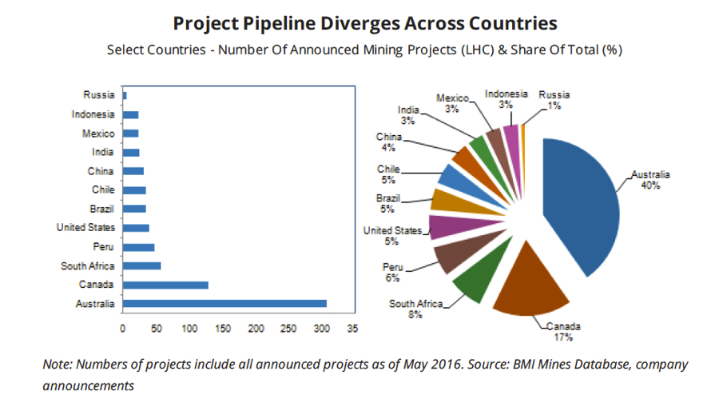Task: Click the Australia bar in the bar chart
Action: tap(224, 303)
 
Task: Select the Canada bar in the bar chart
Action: tap(165, 285)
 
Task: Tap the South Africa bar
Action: tap(142, 265)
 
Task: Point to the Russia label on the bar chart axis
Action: tap(99, 95)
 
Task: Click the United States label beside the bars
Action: tap(86, 227)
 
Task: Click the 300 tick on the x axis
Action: tap(322, 328)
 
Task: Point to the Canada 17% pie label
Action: tap(564, 332)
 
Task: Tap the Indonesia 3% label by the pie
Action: tap(506, 99)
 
